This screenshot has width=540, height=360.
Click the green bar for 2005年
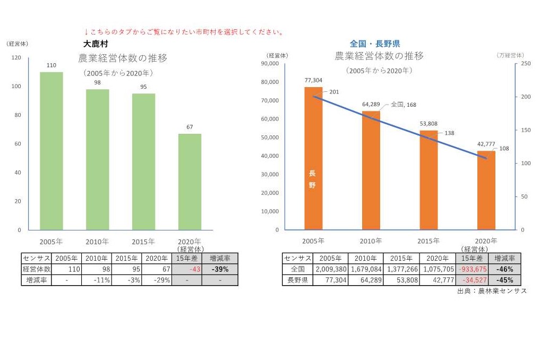(52, 151)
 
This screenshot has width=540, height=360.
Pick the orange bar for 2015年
(428, 180)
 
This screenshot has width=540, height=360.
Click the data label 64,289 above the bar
(371, 105)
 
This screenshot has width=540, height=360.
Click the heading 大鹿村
(96, 44)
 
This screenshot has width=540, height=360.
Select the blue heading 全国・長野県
(374, 44)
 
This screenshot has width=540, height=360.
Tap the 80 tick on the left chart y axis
(18, 115)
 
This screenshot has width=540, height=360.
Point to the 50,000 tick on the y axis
(270, 138)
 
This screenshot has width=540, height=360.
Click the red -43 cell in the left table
(187, 269)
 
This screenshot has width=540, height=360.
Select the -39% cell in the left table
(220, 269)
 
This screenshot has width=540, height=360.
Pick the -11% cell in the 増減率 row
(97, 280)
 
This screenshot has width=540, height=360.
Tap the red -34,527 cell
(472, 280)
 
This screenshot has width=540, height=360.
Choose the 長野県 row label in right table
(298, 280)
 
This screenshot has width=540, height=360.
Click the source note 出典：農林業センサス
(492, 291)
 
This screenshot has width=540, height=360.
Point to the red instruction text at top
(184, 32)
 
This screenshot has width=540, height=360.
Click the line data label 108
(504, 149)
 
